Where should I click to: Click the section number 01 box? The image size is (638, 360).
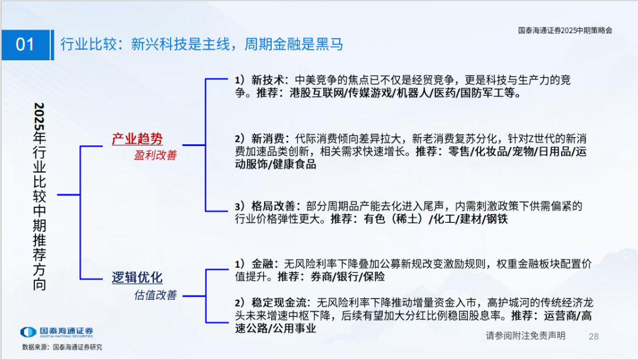tap(25, 45)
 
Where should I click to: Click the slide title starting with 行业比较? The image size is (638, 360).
tap(201, 45)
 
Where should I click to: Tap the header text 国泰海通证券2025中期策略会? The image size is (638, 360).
tap(565, 30)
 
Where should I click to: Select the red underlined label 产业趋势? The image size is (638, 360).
tap(137, 139)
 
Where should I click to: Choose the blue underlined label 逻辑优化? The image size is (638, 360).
tap(137, 278)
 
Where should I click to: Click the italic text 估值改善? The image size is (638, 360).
tap(155, 295)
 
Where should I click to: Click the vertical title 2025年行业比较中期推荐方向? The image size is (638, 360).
tap(40, 196)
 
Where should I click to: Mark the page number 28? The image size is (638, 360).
tap(594, 336)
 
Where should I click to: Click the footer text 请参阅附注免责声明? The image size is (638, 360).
tap(525, 336)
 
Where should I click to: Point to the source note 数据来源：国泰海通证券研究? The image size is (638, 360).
tap(62, 347)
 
